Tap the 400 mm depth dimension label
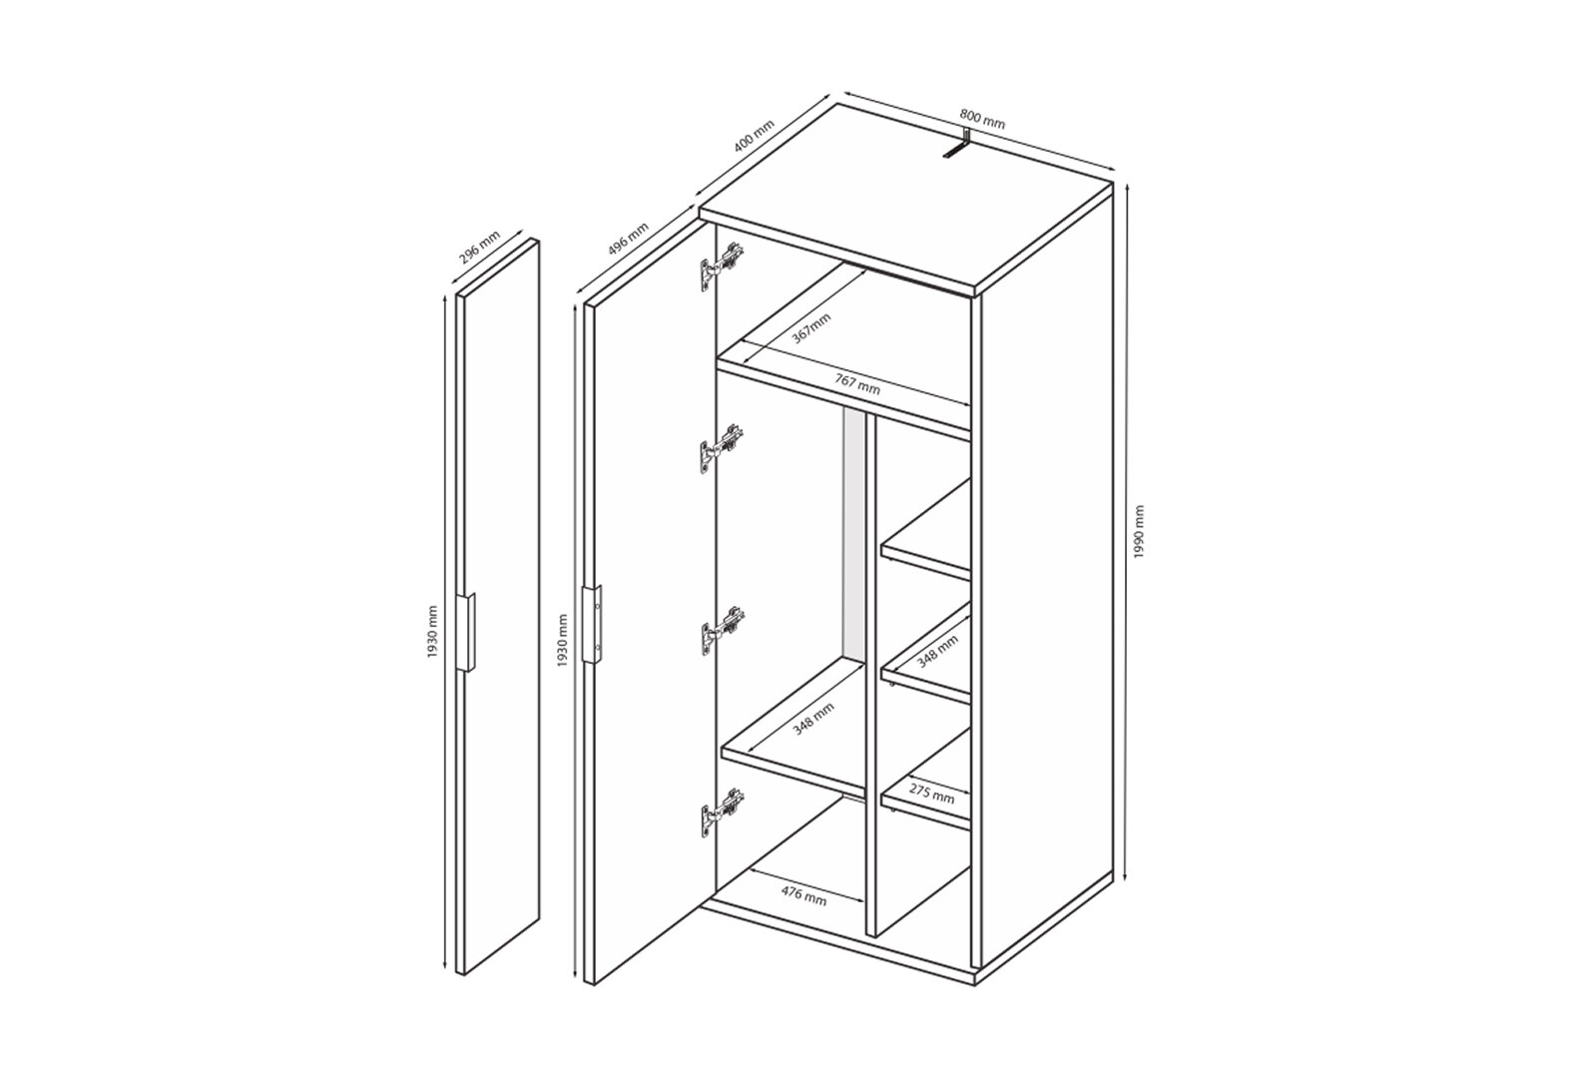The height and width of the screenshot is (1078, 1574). coord(754,137)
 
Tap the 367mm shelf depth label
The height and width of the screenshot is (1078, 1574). coord(811,327)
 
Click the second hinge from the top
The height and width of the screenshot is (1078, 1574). coord(722,449)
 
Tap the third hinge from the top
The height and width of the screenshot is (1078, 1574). coord(722,631)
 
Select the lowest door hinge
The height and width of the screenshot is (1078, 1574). coord(722,812)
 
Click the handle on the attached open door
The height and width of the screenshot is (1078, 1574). coord(592,624)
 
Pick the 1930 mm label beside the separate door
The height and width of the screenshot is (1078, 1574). coord(433,632)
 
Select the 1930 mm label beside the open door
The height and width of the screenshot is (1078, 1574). coord(562,641)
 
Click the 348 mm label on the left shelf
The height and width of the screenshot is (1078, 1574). coord(813,719)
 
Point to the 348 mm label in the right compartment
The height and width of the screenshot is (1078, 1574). coord(937,652)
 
